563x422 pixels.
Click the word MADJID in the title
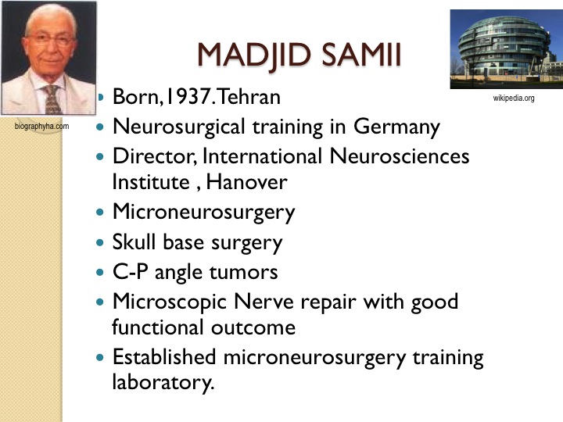[x=254, y=55]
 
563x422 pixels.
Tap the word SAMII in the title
[x=361, y=55]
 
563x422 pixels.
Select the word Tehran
[x=249, y=97]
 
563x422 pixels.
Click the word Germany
[x=396, y=127]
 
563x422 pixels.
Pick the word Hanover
[x=246, y=182]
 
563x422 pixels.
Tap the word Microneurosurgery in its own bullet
[x=203, y=213]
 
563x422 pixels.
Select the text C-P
[x=131, y=272]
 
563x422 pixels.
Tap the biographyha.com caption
[x=41, y=127]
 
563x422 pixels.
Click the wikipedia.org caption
[x=514, y=98]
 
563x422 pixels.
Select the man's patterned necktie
[x=52, y=100]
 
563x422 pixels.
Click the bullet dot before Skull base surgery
[x=100, y=242]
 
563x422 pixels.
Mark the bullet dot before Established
[x=100, y=357]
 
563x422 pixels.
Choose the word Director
[x=155, y=156]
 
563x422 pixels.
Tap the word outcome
[x=253, y=327]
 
